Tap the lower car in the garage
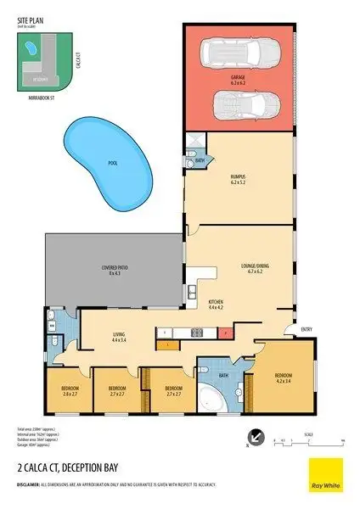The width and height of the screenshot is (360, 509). [x=240, y=105]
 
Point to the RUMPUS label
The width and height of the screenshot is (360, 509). [x=238, y=178]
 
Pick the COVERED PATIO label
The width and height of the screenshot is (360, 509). [x=115, y=270]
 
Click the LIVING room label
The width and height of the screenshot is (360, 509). [x=118, y=337]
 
